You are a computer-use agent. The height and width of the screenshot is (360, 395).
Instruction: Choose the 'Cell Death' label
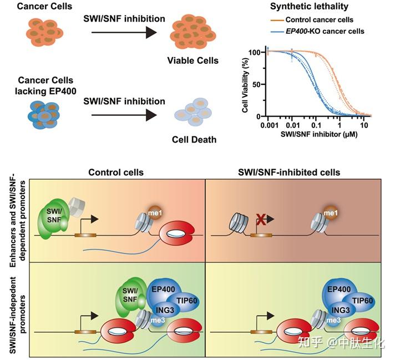[194, 139]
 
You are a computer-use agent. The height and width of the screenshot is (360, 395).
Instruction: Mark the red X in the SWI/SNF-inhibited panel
[259, 222]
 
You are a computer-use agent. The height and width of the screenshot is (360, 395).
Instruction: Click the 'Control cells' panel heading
[116, 173]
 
